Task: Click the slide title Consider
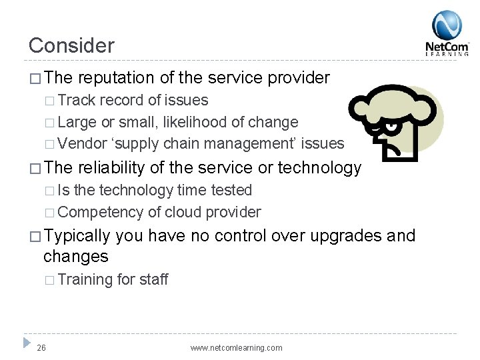coord(71,45)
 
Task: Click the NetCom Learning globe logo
coord(447,25)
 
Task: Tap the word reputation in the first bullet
coord(118,78)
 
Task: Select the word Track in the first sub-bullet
coord(77,101)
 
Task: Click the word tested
coord(231,191)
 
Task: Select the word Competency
coord(97,212)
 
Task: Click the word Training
coord(85,279)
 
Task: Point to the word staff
coord(153,279)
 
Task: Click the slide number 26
coord(41,347)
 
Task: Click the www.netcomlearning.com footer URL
coord(236,347)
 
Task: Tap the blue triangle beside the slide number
coord(27,343)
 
